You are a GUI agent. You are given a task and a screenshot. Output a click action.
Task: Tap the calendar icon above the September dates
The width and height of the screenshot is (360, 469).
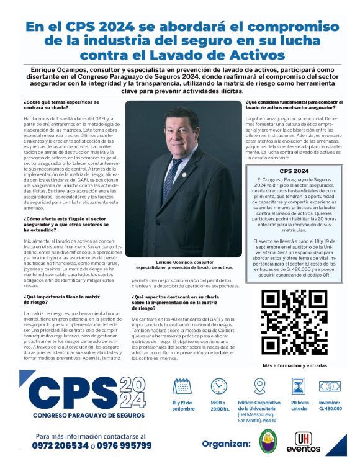click(x=182, y=386)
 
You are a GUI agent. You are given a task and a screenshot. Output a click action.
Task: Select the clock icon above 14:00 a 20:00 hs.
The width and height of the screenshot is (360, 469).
click(x=218, y=386)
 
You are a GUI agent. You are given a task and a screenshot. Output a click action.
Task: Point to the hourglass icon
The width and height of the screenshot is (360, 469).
click(x=299, y=386)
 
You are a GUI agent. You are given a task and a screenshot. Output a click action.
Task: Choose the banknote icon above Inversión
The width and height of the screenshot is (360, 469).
click(x=330, y=386)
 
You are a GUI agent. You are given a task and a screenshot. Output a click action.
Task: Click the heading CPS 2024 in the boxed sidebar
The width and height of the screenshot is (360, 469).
click(x=294, y=170)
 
